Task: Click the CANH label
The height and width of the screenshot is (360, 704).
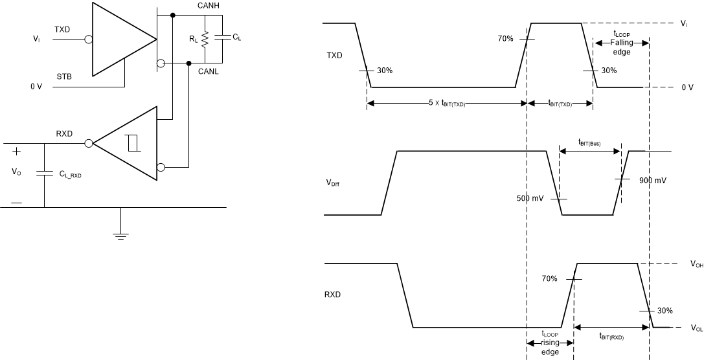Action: (209, 6)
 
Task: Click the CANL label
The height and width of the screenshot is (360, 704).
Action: (209, 71)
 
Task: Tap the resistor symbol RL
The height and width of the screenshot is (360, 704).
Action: (205, 39)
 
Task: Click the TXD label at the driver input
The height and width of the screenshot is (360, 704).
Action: (63, 30)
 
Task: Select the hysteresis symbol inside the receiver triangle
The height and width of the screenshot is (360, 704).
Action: (134, 143)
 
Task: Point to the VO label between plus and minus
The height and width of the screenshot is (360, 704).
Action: (16, 173)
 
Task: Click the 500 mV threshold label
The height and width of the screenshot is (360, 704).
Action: (529, 198)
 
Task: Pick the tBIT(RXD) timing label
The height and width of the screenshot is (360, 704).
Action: (611, 337)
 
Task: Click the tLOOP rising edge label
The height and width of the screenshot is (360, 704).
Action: (550, 344)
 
